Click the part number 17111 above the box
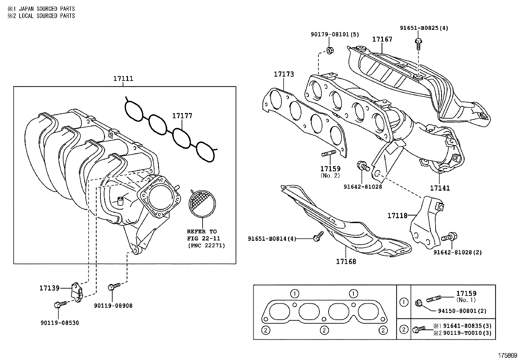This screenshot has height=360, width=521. (123, 79)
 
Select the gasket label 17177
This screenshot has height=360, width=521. (182, 116)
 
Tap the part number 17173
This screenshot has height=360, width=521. (284, 74)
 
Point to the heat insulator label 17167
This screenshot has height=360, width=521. (382, 39)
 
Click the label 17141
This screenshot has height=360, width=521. (440, 188)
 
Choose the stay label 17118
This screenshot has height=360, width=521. (397, 216)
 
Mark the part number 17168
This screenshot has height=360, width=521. (346, 261)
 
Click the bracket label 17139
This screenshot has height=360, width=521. (49, 288)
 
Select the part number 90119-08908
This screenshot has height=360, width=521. (113, 306)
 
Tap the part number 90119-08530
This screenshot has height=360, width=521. (60, 323)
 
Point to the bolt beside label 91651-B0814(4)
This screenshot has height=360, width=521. (318, 236)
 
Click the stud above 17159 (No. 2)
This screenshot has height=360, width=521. (329, 153)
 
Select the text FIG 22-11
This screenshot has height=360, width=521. (204, 238)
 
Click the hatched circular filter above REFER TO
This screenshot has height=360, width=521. (202, 203)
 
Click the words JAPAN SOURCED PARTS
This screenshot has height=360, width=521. (47, 9)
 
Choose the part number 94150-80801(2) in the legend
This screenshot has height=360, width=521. (462, 311)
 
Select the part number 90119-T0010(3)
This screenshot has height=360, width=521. (467, 333)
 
